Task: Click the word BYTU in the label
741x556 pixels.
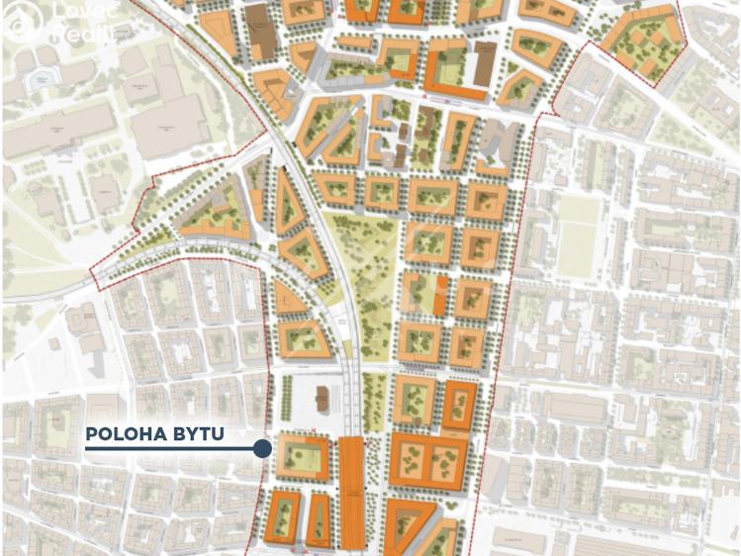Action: click(196, 434)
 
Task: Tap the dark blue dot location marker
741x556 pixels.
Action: click(262, 449)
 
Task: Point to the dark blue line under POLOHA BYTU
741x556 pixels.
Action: click(168, 449)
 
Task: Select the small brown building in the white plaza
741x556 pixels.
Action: click(322, 399)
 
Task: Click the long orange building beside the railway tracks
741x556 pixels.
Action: click(351, 492)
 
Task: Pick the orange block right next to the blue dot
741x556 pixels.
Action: click(302, 458)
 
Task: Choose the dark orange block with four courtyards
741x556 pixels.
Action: click(428, 460)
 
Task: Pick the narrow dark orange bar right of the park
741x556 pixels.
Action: click(440, 295)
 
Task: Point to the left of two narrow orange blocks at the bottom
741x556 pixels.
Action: click(284, 517)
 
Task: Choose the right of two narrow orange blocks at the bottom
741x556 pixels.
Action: click(319, 519)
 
